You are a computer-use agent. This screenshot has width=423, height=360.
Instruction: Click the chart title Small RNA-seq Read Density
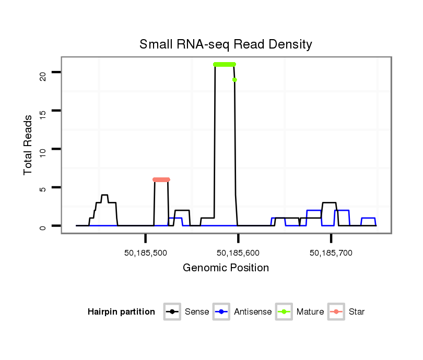[x=226, y=44]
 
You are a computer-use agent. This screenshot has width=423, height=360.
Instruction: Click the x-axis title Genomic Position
[x=226, y=268]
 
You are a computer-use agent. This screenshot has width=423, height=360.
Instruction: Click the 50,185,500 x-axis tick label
[x=145, y=253]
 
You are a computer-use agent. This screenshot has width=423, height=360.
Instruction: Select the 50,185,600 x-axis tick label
[x=238, y=253]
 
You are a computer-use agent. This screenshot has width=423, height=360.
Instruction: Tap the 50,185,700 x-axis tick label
[x=331, y=253]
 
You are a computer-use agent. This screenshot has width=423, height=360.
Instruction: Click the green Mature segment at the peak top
[x=225, y=64]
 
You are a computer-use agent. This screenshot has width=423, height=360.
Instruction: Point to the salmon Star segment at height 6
[x=161, y=179]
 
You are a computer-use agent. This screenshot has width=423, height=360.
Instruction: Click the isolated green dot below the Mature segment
[x=235, y=80]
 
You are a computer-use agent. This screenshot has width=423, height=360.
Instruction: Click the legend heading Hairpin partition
[x=121, y=312]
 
